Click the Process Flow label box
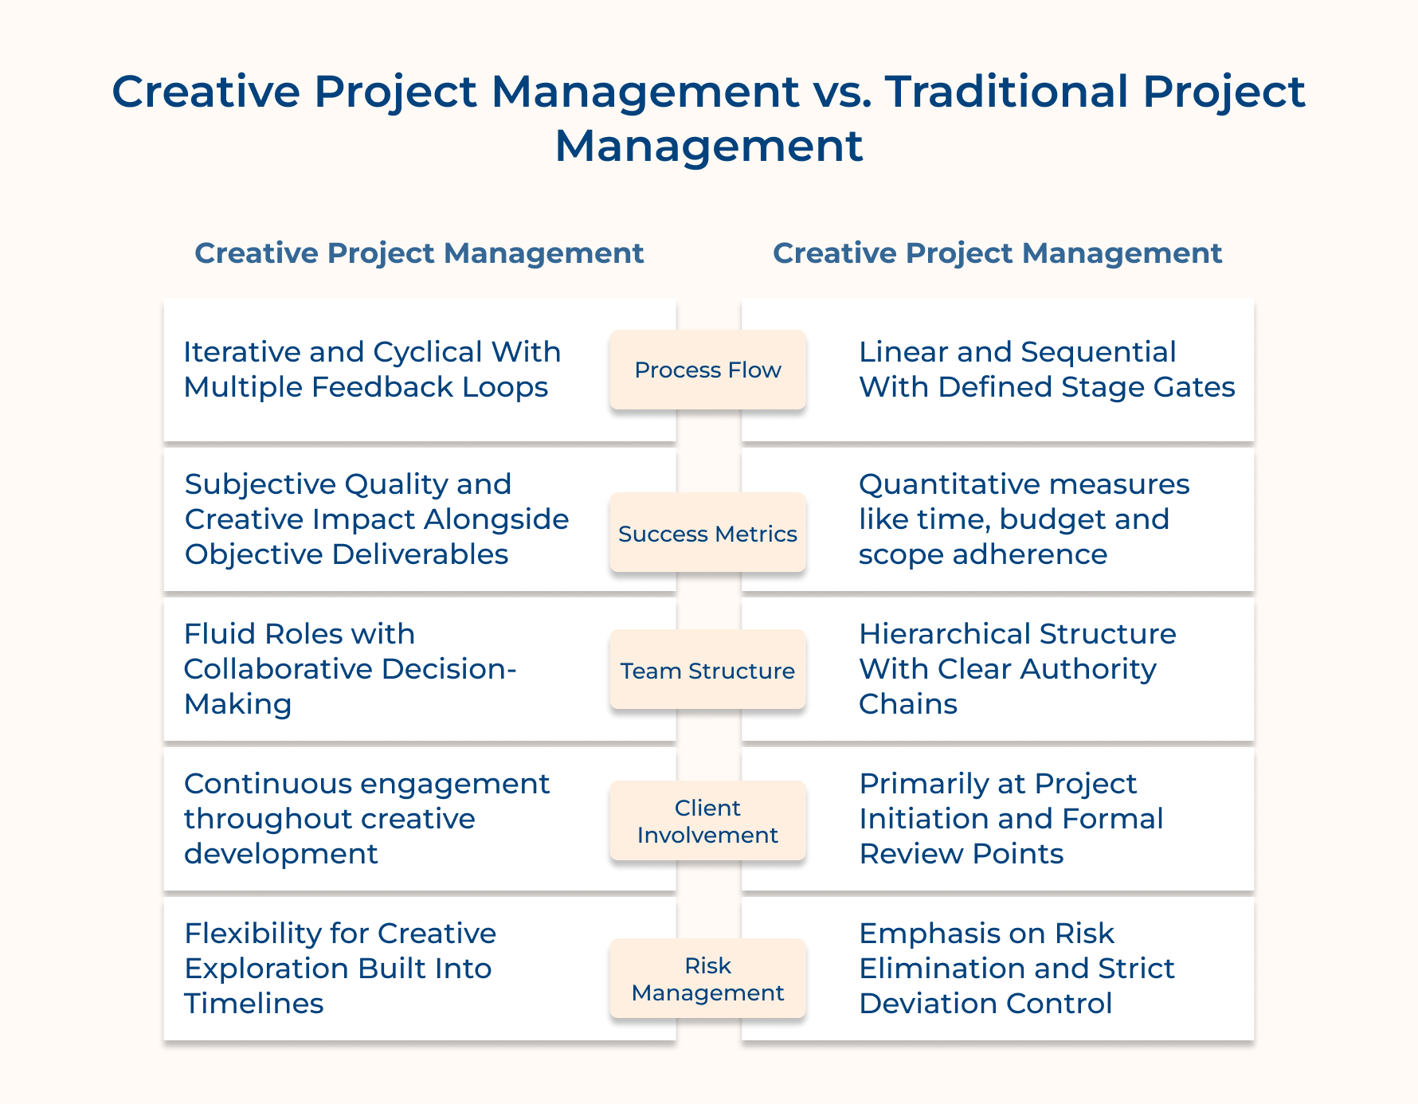coord(707,370)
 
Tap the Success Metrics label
coord(707,533)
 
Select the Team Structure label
coord(707,670)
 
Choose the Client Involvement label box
coord(707,820)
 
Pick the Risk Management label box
coord(707,978)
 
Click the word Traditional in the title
coord(1007,91)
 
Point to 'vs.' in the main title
coord(841,91)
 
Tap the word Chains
coord(907,703)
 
